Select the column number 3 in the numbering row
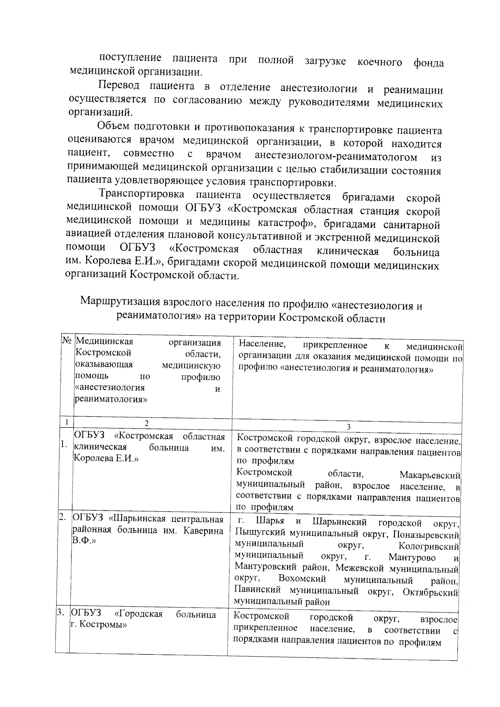[x=348, y=426]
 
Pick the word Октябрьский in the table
[x=431, y=592]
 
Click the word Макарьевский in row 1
[x=430, y=475]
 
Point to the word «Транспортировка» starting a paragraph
[x=141, y=195]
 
